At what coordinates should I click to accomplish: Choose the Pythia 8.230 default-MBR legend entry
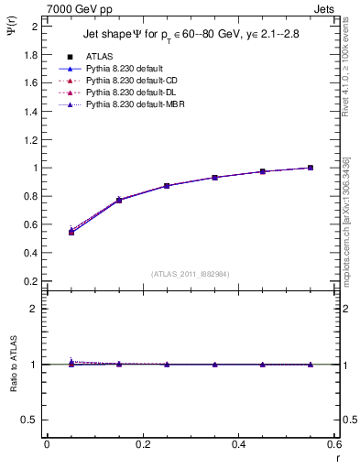129,105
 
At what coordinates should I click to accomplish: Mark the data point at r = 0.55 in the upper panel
311,168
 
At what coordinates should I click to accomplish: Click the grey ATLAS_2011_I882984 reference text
190,274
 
